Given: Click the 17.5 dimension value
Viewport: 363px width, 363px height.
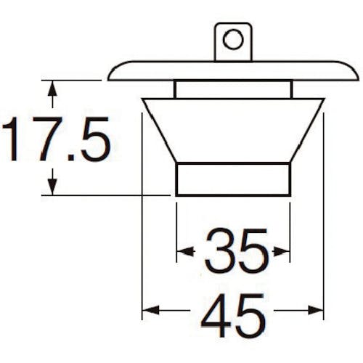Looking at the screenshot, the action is click(56, 139).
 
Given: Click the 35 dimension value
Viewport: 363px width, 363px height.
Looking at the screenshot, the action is click(237, 250).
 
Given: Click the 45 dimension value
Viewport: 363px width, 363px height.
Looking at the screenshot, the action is click(233, 315).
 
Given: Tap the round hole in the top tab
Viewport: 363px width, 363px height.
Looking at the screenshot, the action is click(233, 39).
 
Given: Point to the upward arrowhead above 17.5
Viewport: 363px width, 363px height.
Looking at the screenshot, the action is click(52, 89).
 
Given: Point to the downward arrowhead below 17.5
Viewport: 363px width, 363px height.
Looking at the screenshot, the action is click(52, 187).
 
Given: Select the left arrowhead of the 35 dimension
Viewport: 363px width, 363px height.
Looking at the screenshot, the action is click(185, 252).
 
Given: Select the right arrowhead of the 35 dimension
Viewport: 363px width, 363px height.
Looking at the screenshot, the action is click(282, 252).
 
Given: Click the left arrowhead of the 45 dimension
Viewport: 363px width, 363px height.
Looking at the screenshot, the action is click(150, 310).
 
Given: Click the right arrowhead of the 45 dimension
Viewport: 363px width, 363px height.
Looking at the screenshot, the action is click(316, 310).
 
